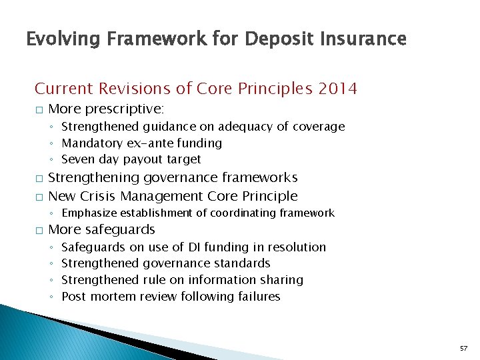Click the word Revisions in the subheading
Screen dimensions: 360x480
tap(138, 88)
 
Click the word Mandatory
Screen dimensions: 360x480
tap(89, 143)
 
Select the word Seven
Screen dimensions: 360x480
tap(77, 160)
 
